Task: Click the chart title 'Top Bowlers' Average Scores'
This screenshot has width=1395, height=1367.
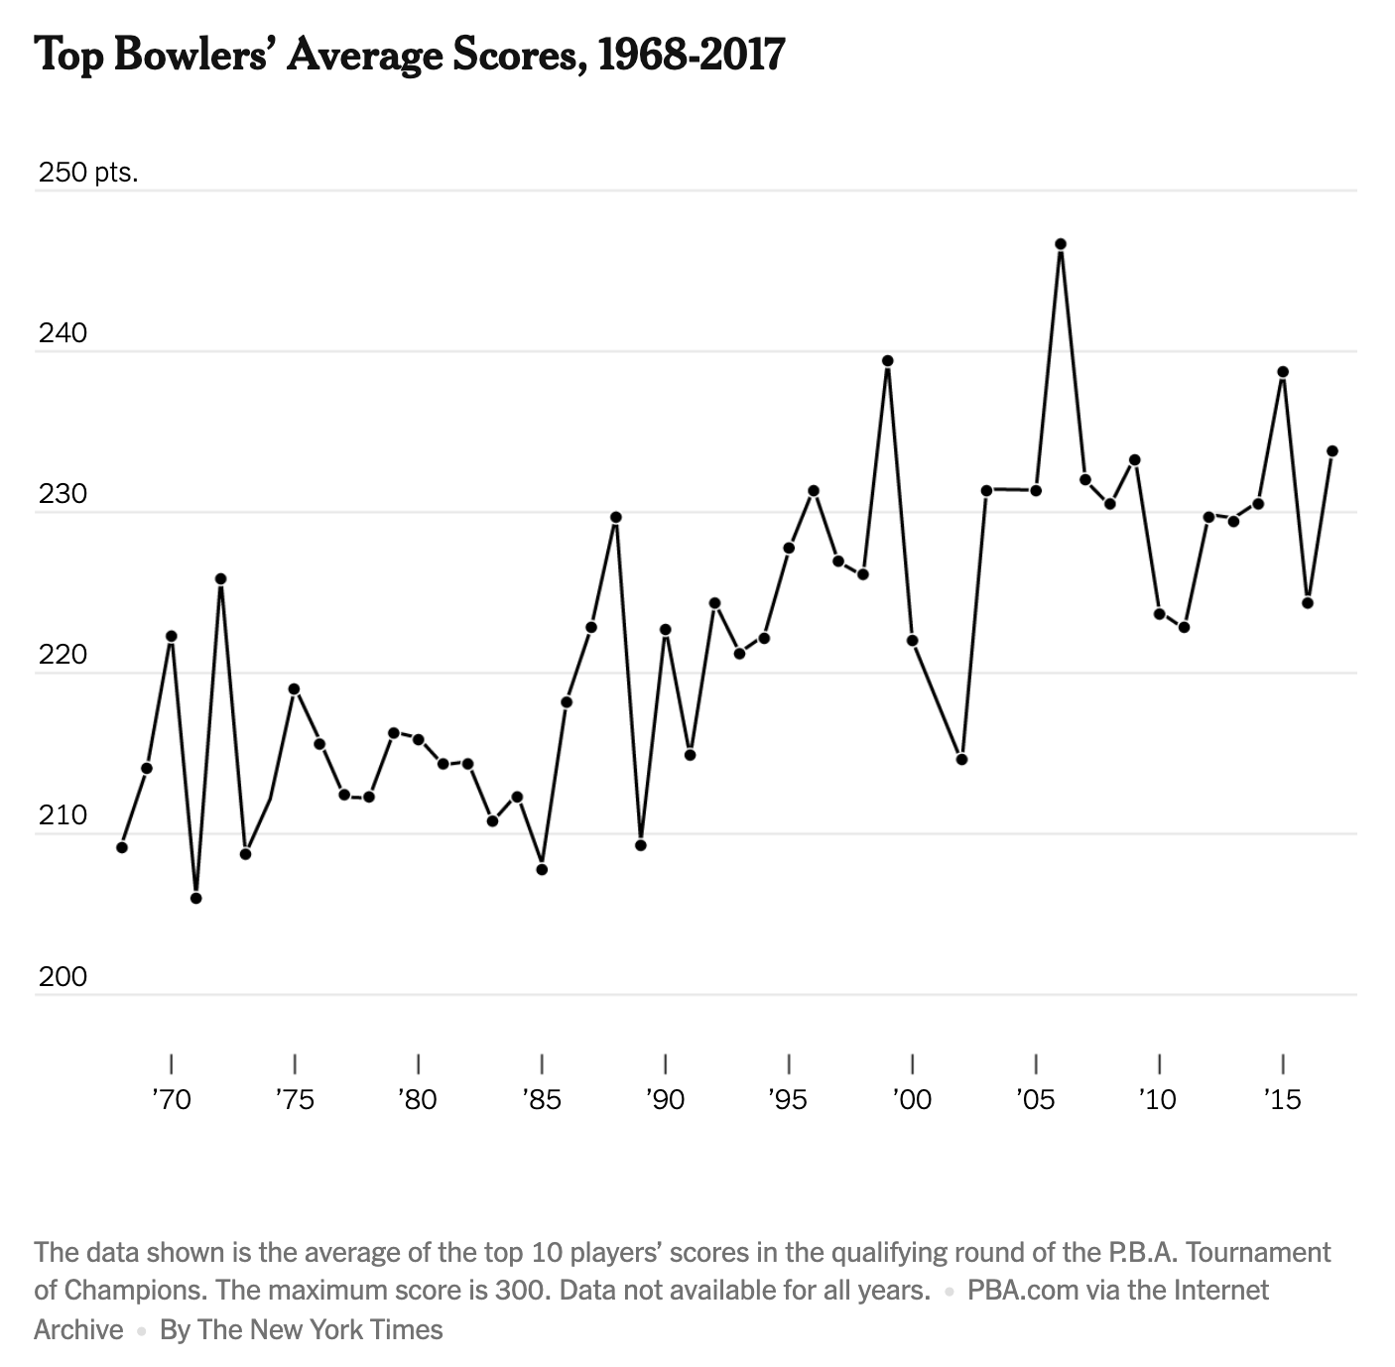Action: [x=409, y=55]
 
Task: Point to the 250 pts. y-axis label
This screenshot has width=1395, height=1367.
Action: [x=88, y=173]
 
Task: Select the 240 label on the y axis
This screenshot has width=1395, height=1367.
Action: [x=63, y=333]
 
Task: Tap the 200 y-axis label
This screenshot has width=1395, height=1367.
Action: [x=63, y=977]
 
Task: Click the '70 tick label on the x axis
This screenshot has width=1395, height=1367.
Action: [x=171, y=1099]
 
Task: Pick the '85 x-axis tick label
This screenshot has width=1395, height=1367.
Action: [x=541, y=1099]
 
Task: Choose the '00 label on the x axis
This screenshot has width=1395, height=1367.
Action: [x=912, y=1099]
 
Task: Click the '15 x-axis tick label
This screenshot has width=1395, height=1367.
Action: [x=1282, y=1099]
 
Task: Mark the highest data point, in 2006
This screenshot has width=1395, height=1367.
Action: [x=1061, y=244]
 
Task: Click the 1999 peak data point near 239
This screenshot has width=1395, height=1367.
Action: [x=888, y=361]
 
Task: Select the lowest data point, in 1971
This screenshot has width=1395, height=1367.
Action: [x=195, y=899]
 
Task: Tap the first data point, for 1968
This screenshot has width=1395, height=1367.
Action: [x=122, y=847]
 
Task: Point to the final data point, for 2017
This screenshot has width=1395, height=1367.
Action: [x=1332, y=451]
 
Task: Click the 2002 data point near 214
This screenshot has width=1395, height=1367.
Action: [x=961, y=760]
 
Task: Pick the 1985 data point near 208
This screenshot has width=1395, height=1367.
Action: [x=542, y=870]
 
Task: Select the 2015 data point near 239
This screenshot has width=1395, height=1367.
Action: [x=1283, y=372]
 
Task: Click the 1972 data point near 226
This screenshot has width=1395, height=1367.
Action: [x=220, y=578]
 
